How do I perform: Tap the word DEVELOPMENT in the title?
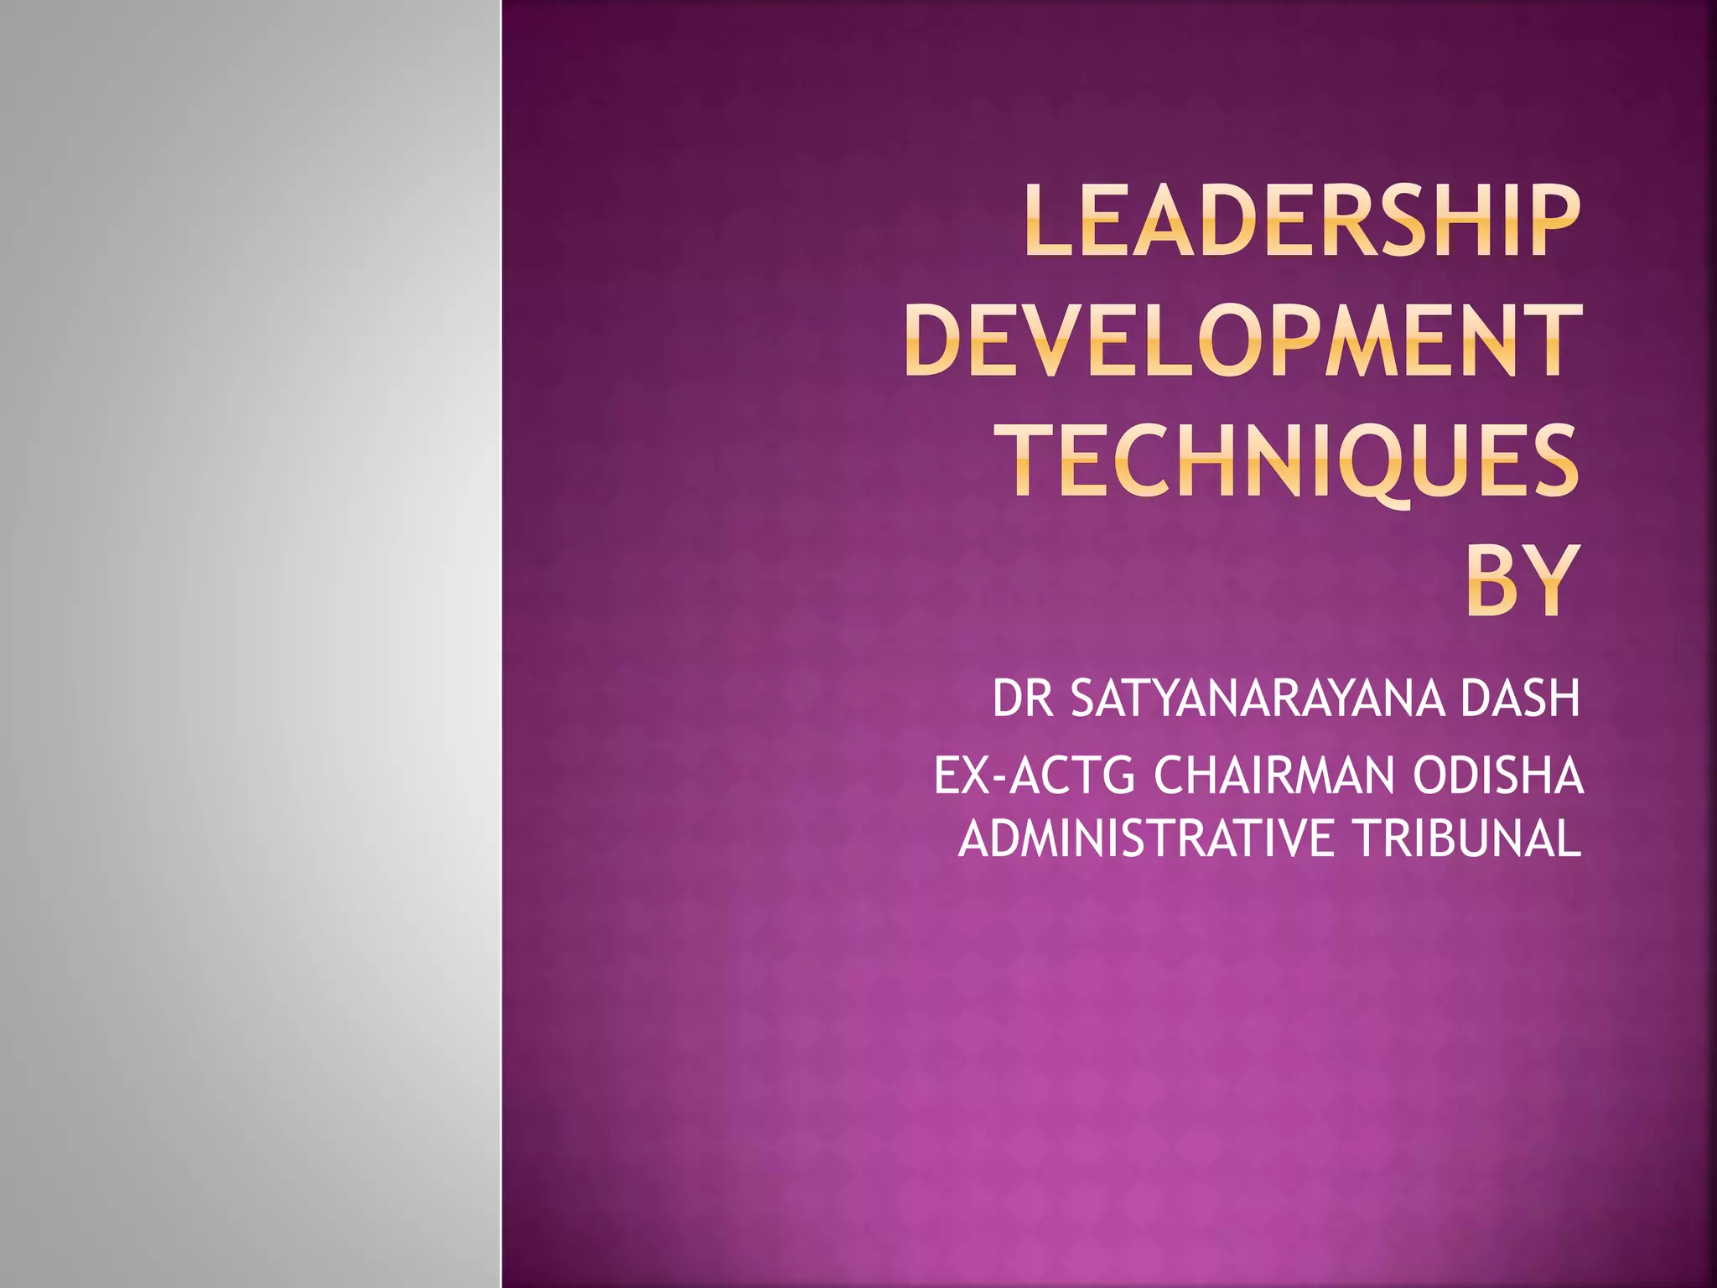pyautogui.click(x=1242, y=341)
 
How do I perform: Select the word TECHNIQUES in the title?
pyautogui.click(x=1292, y=462)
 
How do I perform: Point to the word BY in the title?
pyautogui.click(x=1522, y=581)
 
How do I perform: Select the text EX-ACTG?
pyautogui.click(x=1034, y=776)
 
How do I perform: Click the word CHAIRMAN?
pyautogui.click(x=1272, y=776)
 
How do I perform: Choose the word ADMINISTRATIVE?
pyautogui.click(x=1145, y=838)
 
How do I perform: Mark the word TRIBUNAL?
pyautogui.click(x=1467, y=838)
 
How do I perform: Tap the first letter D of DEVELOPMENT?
pyautogui.click(x=931, y=341)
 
